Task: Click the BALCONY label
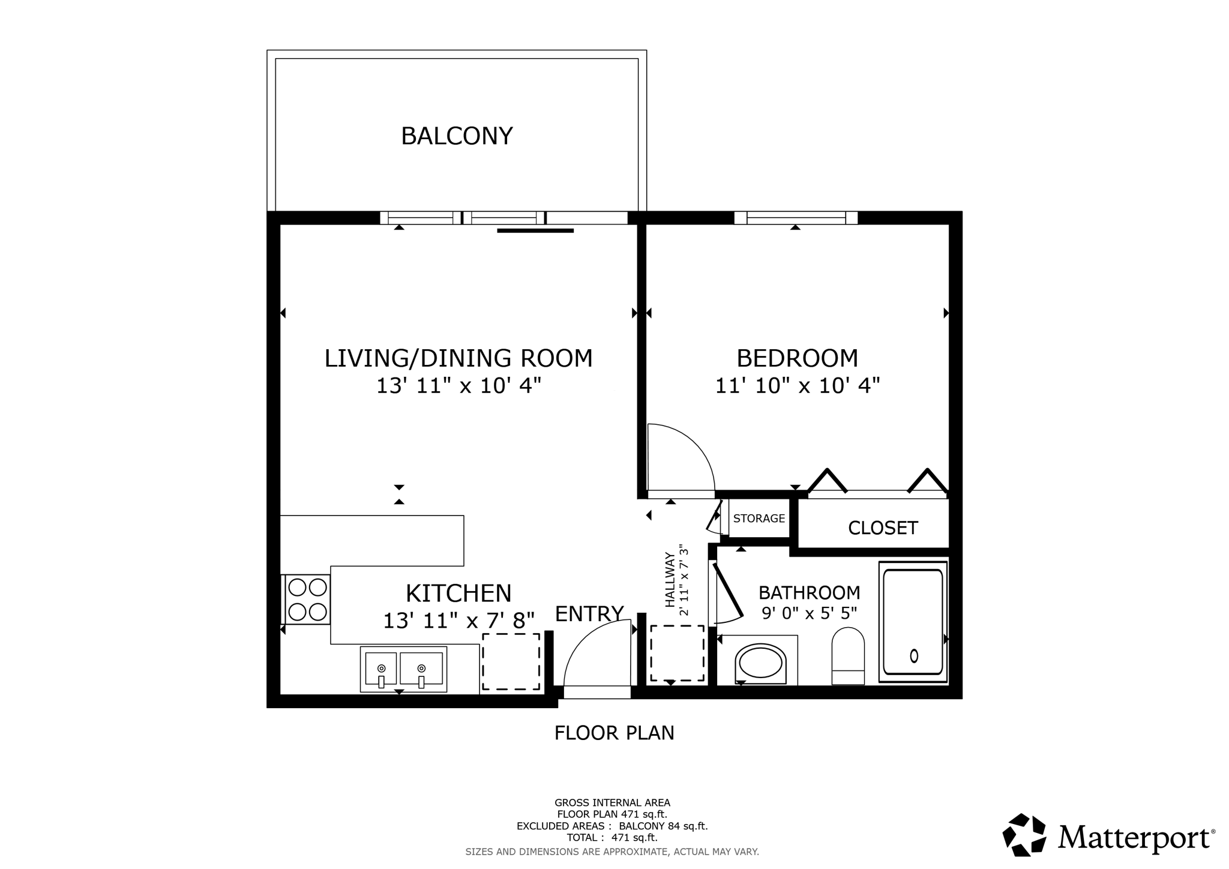pyautogui.click(x=457, y=136)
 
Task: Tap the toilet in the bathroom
pyautogui.click(x=847, y=657)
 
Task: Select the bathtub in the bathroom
pyautogui.click(x=913, y=622)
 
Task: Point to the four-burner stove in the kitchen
pyautogui.click(x=307, y=599)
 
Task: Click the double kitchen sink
pyautogui.click(x=403, y=669)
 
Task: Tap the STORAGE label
pyautogui.click(x=759, y=519)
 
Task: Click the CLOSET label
pyautogui.click(x=882, y=528)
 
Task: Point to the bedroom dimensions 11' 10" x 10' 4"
pyautogui.click(x=797, y=385)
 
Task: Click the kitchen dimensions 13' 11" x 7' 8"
pyautogui.click(x=458, y=621)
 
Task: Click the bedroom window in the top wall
pyautogui.click(x=795, y=218)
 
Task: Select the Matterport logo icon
pyautogui.click(x=1024, y=834)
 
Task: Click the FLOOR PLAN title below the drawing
pyautogui.click(x=614, y=733)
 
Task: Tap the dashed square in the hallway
pyautogui.click(x=678, y=653)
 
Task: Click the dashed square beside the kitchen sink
pyautogui.click(x=511, y=661)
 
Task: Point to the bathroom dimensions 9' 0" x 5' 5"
pyautogui.click(x=809, y=613)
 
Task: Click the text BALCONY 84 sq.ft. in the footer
pyautogui.click(x=663, y=826)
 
